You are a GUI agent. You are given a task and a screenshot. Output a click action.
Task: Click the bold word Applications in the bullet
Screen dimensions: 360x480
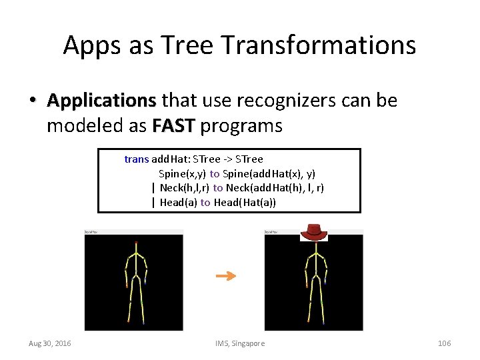[101, 101]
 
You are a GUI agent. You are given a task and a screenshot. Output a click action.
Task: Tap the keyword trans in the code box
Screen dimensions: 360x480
[137, 159]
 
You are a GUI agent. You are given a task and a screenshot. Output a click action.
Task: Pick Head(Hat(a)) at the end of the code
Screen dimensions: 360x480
[245, 203]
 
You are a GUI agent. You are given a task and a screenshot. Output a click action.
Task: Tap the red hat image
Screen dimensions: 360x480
[313, 231]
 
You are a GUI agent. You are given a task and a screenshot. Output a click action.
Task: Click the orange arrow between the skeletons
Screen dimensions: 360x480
[227, 276]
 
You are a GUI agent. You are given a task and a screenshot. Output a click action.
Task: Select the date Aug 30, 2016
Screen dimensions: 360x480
[50, 343]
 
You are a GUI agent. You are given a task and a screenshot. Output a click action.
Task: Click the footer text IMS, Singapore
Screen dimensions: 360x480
[240, 343]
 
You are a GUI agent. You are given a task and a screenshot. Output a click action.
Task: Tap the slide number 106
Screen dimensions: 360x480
[444, 343]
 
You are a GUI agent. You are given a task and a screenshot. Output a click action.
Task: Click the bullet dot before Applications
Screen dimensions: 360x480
[32, 101]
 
